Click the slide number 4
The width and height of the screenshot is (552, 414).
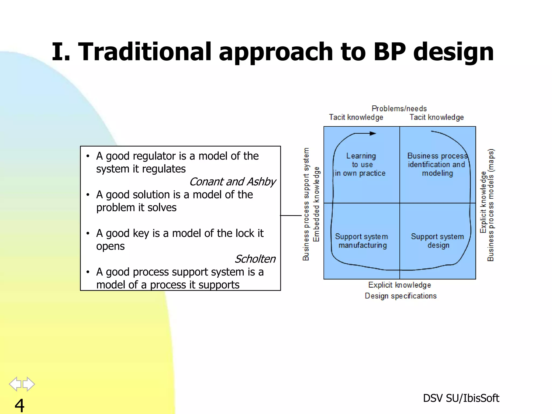coord(19,405)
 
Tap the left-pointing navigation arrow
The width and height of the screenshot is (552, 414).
coord(15,384)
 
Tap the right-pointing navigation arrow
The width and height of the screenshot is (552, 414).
coord(29,384)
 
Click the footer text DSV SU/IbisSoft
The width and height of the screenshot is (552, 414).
coord(461,398)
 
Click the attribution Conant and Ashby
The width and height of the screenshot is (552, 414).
coord(232,182)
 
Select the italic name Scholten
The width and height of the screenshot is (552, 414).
coord(255,259)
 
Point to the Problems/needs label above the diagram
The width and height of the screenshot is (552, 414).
coord(399,109)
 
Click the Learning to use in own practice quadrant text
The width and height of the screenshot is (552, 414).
coord(361,164)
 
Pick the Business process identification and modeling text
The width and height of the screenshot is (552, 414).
coord(437,164)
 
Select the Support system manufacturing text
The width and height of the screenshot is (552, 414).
coord(362,241)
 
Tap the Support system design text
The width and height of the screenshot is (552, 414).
coord(437,241)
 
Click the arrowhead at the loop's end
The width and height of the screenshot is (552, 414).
coord(373,133)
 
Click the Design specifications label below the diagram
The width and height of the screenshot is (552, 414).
coord(401,296)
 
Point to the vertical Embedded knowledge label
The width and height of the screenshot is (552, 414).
coord(316,204)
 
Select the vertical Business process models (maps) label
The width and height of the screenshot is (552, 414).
coord(491,205)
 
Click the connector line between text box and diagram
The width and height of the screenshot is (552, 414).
coord(291,215)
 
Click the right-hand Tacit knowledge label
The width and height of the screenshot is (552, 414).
coord(437,117)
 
